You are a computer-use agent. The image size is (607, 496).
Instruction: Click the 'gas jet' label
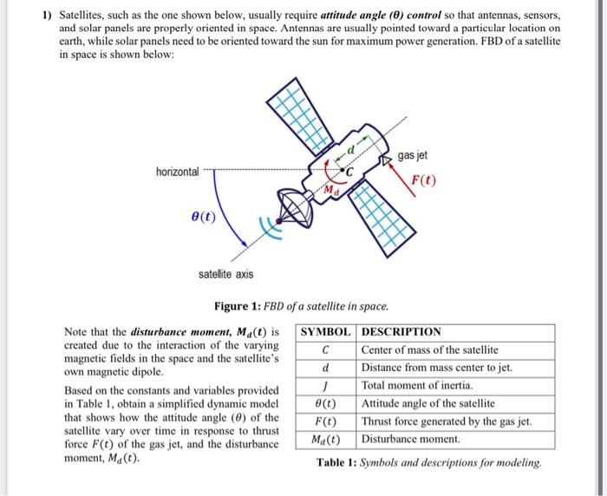pos(413,155)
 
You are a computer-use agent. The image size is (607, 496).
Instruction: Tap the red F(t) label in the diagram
pos(424,180)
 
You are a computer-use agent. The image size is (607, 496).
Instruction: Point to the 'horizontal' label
pos(177,172)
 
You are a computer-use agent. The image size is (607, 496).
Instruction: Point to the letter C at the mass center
pos(349,173)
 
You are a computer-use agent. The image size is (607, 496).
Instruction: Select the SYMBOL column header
pos(325,331)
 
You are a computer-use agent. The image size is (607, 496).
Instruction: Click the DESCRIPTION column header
pos(401,331)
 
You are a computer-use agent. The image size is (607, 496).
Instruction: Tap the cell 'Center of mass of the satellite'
pos(429,349)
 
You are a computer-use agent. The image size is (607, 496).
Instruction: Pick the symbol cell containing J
pos(324,385)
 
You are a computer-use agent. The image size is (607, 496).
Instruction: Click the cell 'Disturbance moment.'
pos(410,440)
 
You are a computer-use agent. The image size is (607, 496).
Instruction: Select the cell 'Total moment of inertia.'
pos(416,385)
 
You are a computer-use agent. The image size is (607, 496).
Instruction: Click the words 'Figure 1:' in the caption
pos(238,306)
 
